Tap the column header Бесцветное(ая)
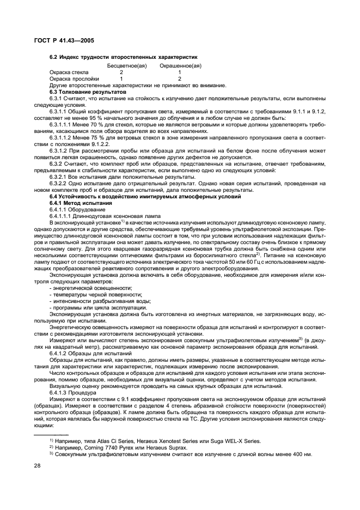coord(125,65)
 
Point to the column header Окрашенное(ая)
coord(180,65)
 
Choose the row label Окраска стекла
coord(69,72)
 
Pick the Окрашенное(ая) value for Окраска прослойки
coord(180,78)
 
